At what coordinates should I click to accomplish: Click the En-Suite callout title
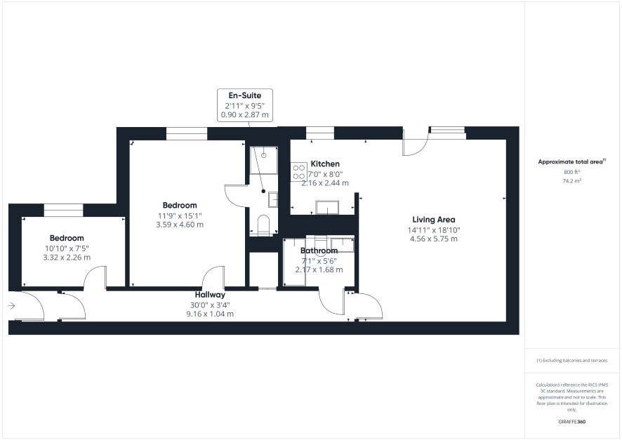pos(245,95)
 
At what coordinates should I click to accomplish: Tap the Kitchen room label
pos(325,164)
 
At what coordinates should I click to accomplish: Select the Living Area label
pos(434,220)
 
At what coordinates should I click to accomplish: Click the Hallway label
pos(210,295)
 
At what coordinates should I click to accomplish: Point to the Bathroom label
pos(319,251)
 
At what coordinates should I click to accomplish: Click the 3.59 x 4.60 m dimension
pos(180,225)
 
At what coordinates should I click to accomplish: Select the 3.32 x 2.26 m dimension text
pos(67,258)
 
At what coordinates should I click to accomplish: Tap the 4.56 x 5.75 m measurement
pos(434,239)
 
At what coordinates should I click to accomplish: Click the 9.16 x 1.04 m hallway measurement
pos(210,314)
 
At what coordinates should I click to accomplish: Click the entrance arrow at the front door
pos(11,306)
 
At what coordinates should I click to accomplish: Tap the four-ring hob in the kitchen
pos(298,172)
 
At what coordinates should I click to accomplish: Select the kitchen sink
pos(327,207)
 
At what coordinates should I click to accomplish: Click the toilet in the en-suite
pos(263,225)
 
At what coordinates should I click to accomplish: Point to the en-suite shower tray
pos(264,160)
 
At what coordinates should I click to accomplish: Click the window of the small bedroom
pos(63,210)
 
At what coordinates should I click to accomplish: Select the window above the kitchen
pos(320,133)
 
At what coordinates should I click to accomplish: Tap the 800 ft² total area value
pos(572,172)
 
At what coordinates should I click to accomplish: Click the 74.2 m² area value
pos(572,181)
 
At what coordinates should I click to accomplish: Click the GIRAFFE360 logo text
pos(572,422)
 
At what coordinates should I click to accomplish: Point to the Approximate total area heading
pos(572,161)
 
